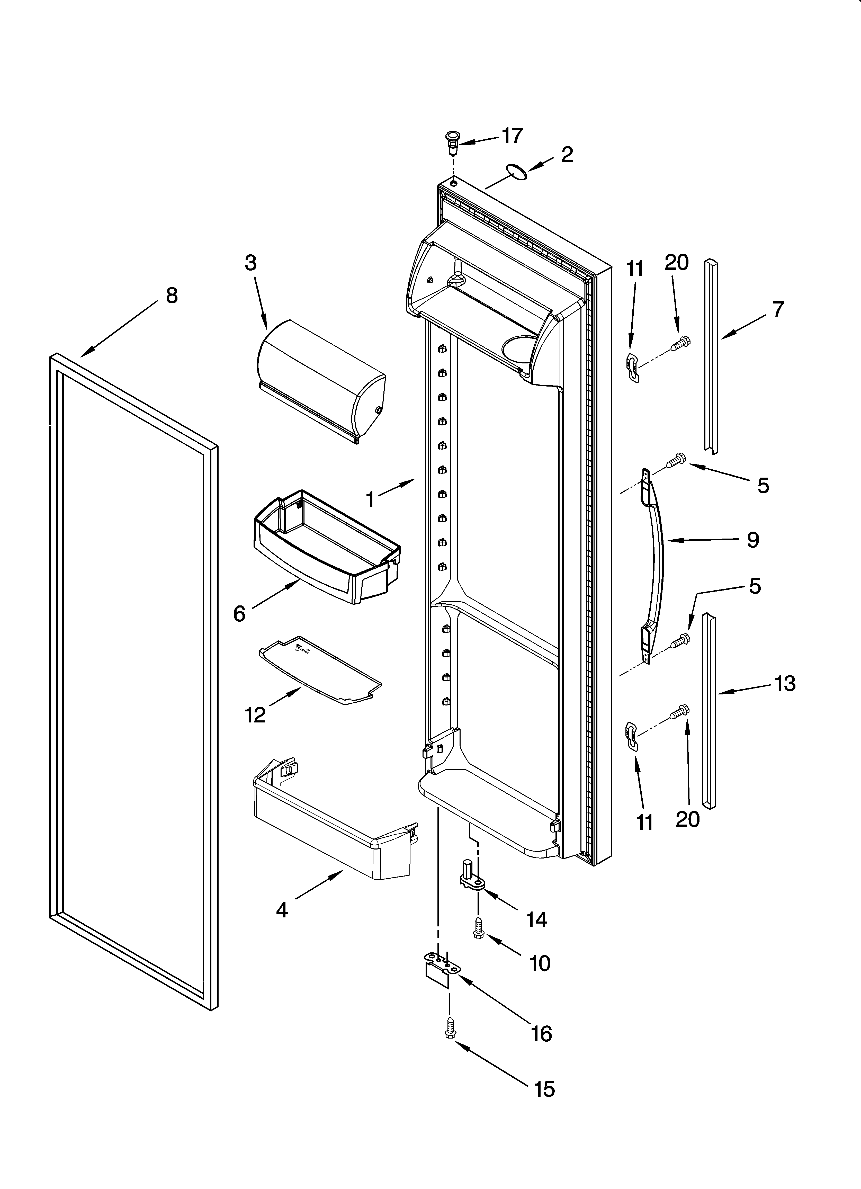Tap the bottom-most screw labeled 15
449,1029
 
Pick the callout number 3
251,263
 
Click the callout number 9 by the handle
753,539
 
